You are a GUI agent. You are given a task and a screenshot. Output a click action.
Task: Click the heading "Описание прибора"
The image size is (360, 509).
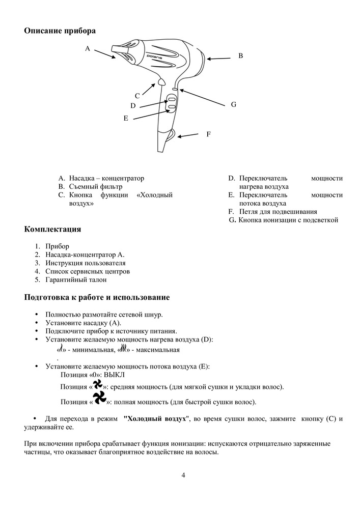pos(60,31)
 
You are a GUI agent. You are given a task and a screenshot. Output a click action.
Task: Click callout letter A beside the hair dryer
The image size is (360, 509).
pos(88,49)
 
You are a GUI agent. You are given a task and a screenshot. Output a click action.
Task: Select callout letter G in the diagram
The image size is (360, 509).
pos(233,104)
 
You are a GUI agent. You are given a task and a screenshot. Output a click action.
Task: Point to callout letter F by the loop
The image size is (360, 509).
pos(208,134)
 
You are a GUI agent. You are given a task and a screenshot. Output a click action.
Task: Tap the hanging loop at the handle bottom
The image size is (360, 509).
pos(171,135)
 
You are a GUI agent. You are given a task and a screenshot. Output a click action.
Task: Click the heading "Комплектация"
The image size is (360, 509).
pos(52,229)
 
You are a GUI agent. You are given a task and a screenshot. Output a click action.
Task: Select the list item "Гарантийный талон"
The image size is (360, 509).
pos(76,280)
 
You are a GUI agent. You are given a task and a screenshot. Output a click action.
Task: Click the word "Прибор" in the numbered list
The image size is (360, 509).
pos(57,246)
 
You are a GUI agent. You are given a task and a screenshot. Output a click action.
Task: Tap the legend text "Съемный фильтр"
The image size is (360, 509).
pos(96,187)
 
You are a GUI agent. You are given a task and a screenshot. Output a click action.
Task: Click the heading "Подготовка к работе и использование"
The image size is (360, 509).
pos(97,297)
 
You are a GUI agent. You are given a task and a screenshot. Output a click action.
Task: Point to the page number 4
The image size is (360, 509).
pos(183,475)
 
